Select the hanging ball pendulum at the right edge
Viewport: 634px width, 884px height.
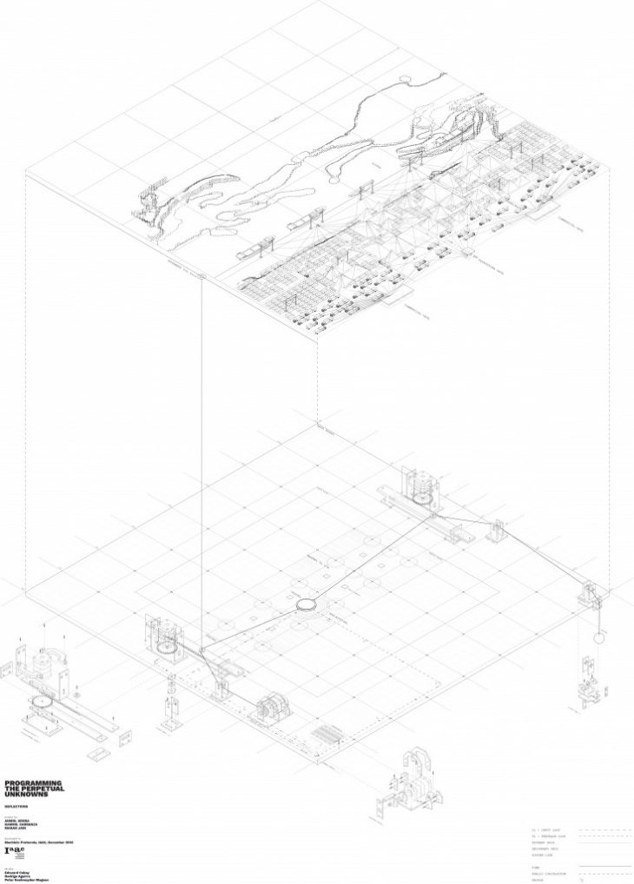[x=598, y=637]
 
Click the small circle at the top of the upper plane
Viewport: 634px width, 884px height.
[x=403, y=79]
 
